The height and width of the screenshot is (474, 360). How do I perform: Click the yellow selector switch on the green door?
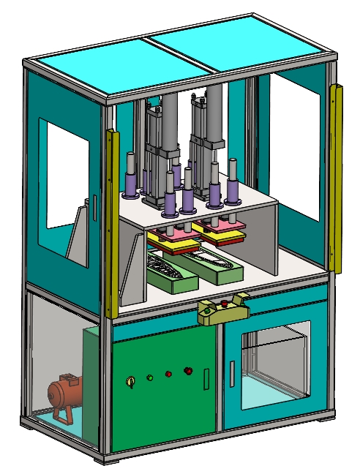pyautogui.click(x=131, y=381)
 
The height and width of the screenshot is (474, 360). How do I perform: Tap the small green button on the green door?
pyautogui.click(x=149, y=378)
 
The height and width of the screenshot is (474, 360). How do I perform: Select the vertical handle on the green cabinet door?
pyautogui.click(x=206, y=379)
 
